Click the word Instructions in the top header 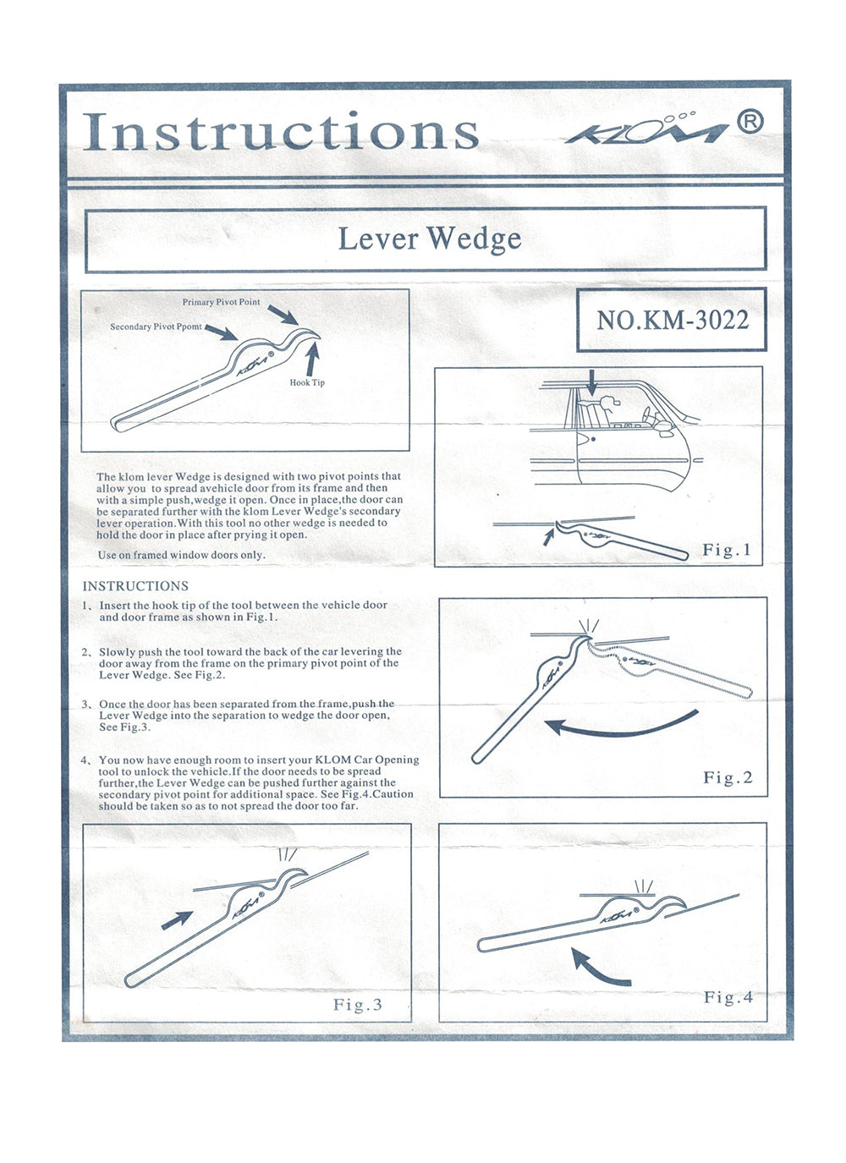pyautogui.click(x=281, y=132)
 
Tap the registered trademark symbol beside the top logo pyautogui.click(x=750, y=123)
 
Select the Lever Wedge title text pyautogui.click(x=429, y=239)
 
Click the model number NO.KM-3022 pyautogui.click(x=672, y=320)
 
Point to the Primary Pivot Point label pyautogui.click(x=222, y=302)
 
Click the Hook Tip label pyautogui.click(x=307, y=382)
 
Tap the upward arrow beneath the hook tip pyautogui.click(x=311, y=360)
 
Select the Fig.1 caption pyautogui.click(x=727, y=550)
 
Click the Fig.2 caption pyautogui.click(x=728, y=777)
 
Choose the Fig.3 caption pyautogui.click(x=357, y=1004)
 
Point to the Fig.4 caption pyautogui.click(x=728, y=997)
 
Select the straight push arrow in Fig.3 pyautogui.click(x=177, y=920)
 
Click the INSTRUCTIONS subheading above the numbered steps pyautogui.click(x=135, y=586)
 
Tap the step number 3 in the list pyautogui.click(x=86, y=704)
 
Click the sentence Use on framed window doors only pyautogui.click(x=182, y=555)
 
